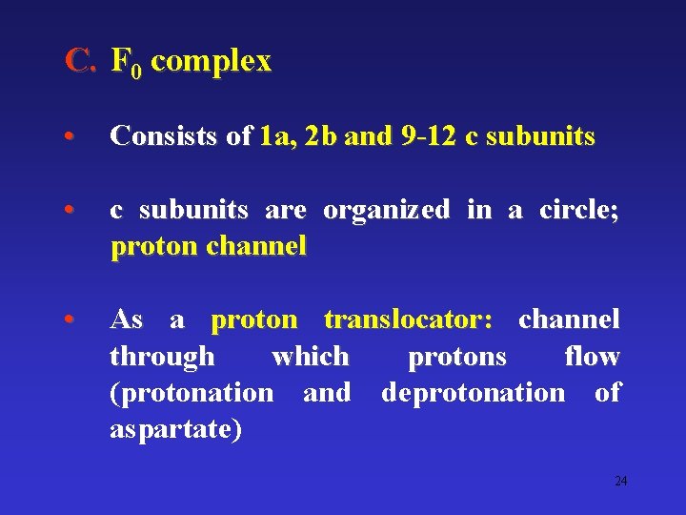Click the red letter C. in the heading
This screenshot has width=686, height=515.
pos(80,62)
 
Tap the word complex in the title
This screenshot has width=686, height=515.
pos(211,62)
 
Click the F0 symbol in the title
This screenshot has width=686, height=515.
pos(125,64)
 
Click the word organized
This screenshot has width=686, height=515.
pos(386,210)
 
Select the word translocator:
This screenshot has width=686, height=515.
pos(408,319)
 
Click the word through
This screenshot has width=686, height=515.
pos(162,358)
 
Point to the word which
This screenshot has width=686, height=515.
pos(311,357)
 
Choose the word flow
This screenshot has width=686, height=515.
pos(592,357)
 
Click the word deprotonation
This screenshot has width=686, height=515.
pos(473,393)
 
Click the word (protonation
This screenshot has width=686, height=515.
pos(192,393)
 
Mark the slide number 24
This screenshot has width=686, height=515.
pos(620,481)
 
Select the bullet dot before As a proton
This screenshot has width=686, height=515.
pos(70,320)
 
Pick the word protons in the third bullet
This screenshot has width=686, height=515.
pos(456,358)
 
